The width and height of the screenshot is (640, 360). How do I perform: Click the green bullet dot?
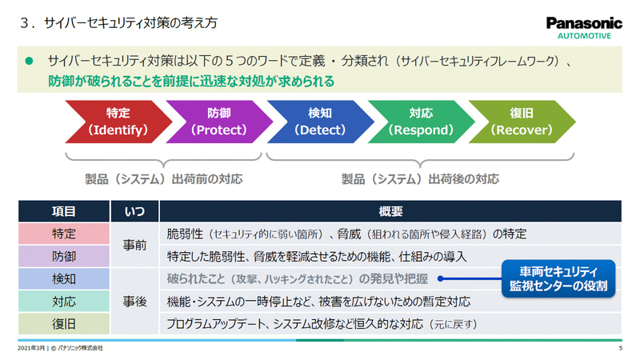click(30, 60)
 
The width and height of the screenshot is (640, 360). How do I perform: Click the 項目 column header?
click(64, 212)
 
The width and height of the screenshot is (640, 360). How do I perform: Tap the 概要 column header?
click(390, 212)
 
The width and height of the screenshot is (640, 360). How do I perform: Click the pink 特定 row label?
click(64, 234)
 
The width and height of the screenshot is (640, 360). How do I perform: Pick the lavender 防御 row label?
click(64, 257)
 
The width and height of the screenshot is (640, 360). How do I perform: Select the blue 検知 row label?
click(64, 279)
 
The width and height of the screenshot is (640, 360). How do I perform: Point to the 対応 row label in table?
click(64, 302)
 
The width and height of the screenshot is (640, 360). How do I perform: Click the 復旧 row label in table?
click(64, 324)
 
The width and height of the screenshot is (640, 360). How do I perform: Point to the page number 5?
click(621, 349)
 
